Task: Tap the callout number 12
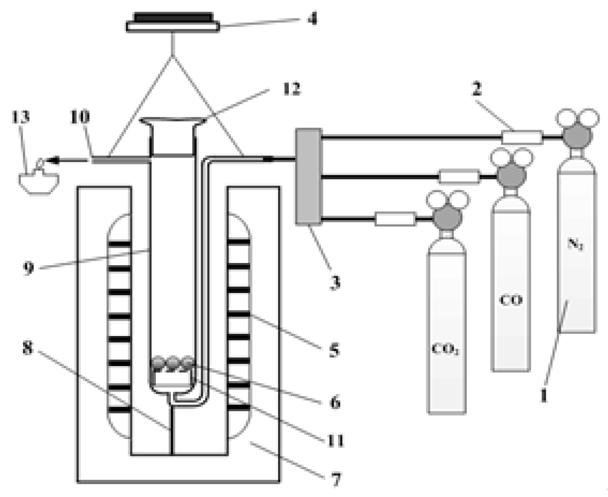click(x=291, y=89)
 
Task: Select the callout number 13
click(x=20, y=117)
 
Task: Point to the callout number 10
click(x=79, y=117)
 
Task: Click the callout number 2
click(x=476, y=89)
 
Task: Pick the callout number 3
click(x=335, y=282)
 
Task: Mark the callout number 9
click(x=28, y=267)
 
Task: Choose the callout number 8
click(x=27, y=347)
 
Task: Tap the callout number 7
click(x=336, y=479)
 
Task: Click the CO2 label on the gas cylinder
click(x=445, y=349)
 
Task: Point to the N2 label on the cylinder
click(x=576, y=244)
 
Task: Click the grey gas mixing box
click(x=309, y=177)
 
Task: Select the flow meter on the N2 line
click(x=522, y=137)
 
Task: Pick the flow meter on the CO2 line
click(x=395, y=219)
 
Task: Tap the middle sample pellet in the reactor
click(x=172, y=363)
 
